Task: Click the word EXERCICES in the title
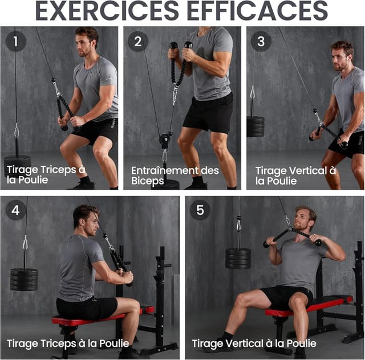coord(107,11)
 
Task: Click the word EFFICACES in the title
coord(257,11)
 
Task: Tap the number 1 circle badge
coord(15,42)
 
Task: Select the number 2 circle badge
coord(138,42)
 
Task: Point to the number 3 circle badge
coord(261,42)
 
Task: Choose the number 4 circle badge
coord(15,210)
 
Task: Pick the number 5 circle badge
coord(200,210)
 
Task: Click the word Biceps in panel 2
coord(147,181)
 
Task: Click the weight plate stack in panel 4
coord(24,280)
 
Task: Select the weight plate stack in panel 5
coord(238,259)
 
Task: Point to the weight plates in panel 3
coord(255,127)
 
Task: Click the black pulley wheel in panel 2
coord(165,140)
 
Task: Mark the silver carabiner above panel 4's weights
coord(25,243)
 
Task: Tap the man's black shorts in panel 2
coord(208,114)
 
